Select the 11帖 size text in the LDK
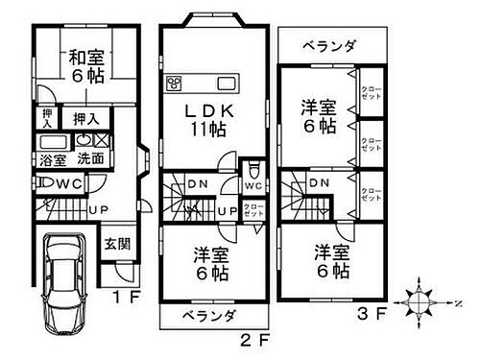coord(207,129)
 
